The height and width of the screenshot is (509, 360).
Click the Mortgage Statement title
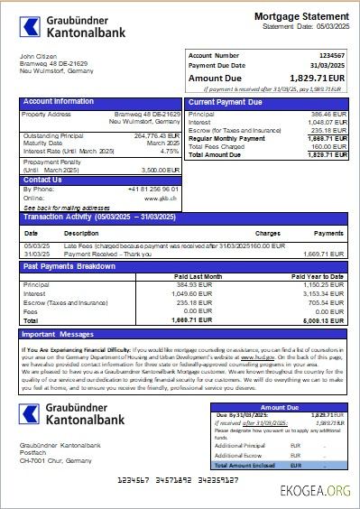[x=301, y=16]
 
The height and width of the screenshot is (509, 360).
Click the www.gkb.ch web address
[x=164, y=198]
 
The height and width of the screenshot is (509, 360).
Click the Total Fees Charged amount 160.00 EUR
[x=327, y=146]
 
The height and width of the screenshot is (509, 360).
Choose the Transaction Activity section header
[x=98, y=217]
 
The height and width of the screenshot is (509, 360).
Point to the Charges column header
[x=267, y=233]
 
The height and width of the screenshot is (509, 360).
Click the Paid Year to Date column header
[x=319, y=275]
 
